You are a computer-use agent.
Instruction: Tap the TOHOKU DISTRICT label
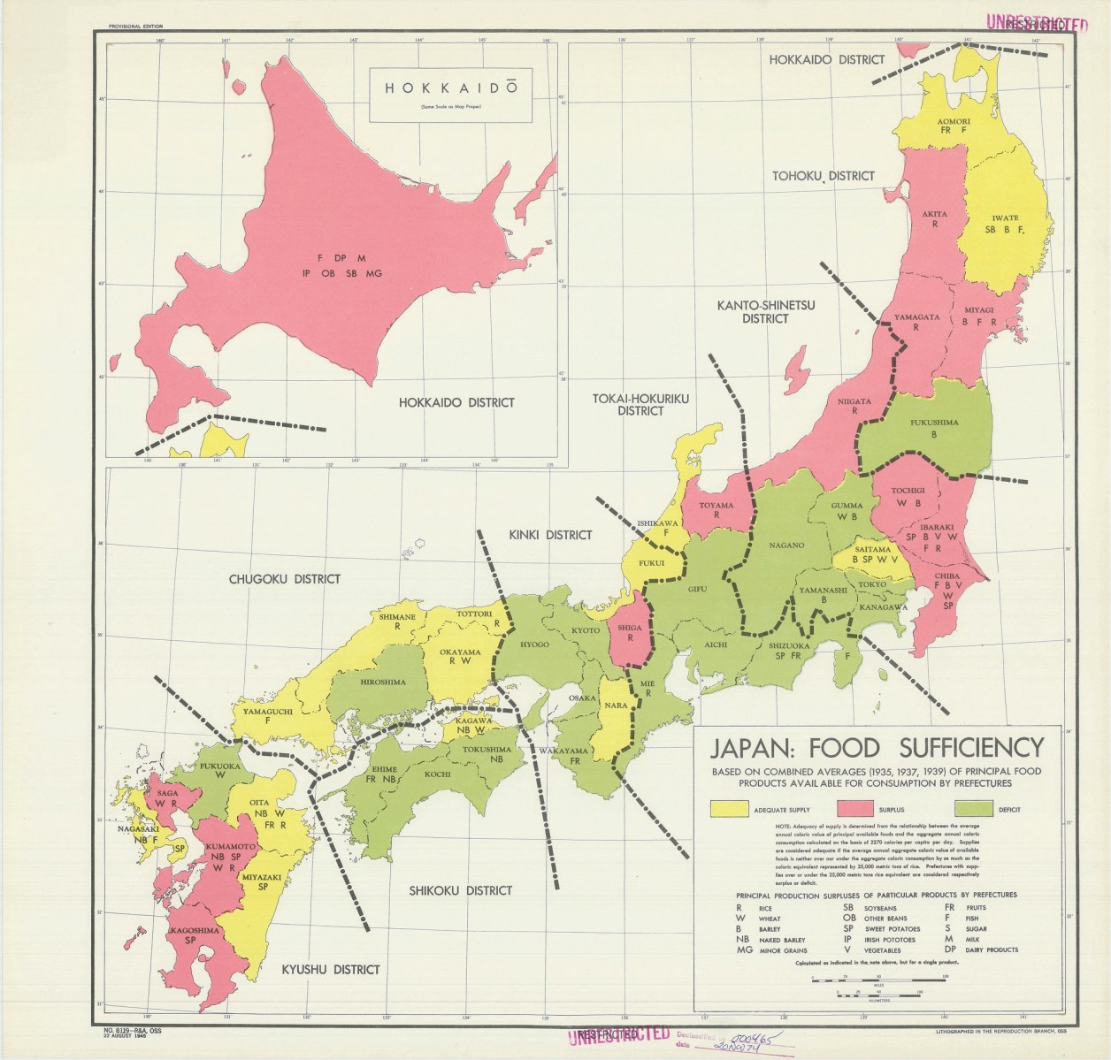(822, 176)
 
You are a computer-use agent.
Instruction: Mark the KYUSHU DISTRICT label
(330, 969)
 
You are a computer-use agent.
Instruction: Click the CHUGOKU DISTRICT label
(284, 579)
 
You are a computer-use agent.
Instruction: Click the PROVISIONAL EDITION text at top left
(134, 27)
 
